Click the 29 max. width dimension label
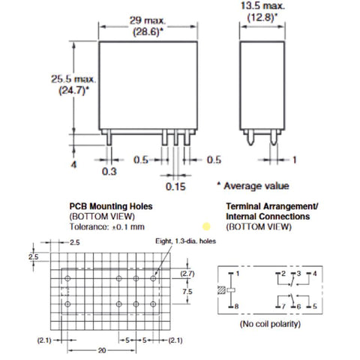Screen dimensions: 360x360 tap(148, 20)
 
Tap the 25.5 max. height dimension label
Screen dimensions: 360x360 tap(73, 79)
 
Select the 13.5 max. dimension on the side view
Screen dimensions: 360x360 tap(262, 6)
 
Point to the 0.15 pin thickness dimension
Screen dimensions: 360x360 tap(175, 187)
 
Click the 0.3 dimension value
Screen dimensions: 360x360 tap(109, 172)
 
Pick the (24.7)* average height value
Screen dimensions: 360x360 tap(73, 90)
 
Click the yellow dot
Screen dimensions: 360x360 tap(206, 226)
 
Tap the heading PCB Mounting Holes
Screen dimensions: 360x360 tap(111, 206)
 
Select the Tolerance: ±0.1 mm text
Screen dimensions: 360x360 tap(107, 226)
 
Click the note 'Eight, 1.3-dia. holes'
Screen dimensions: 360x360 tap(185, 241)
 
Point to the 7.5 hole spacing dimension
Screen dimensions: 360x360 tap(187, 292)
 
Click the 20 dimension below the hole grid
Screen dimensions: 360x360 tap(102, 350)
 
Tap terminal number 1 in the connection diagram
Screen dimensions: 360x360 tap(237, 274)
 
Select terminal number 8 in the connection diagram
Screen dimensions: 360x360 tap(236, 306)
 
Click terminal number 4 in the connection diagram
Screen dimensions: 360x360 tap(314, 274)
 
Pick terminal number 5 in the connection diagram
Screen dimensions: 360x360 tap(314, 306)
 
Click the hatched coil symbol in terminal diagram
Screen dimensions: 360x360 tap(221, 290)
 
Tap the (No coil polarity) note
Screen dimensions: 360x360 tap(270, 324)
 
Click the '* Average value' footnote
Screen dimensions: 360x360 tap(253, 186)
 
